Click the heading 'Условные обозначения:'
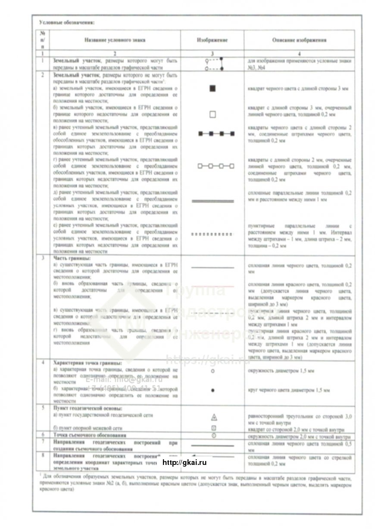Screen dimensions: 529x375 pyautogui.click(x=66, y=22)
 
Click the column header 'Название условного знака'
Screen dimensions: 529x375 pyautogui.click(x=115, y=40)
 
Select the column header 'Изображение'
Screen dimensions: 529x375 pyautogui.click(x=212, y=40)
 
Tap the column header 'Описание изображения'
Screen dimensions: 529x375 pyautogui.click(x=299, y=40)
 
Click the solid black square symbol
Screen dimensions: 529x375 pyautogui.click(x=212, y=88)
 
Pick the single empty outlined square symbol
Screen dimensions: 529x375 pyautogui.click(x=212, y=114)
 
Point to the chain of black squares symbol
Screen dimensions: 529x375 pyautogui.click(x=216, y=134)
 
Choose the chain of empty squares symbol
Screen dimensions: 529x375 pyautogui.click(x=216, y=166)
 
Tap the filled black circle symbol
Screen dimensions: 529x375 pyautogui.click(x=213, y=390)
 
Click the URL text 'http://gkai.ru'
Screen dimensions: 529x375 pyautogui.click(x=185, y=462)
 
